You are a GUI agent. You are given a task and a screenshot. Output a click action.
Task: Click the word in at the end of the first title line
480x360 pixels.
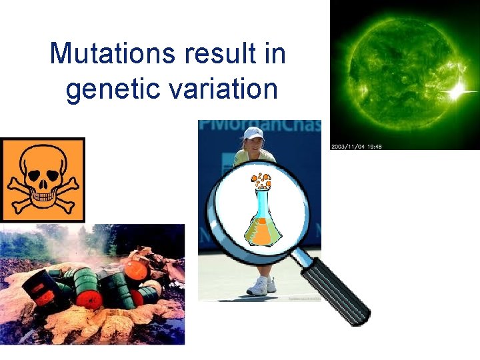(275, 53)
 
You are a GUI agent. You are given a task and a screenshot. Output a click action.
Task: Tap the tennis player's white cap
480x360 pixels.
(254, 133)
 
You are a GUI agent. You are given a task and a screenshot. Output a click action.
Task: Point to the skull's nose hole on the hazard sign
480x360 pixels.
(43, 181)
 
